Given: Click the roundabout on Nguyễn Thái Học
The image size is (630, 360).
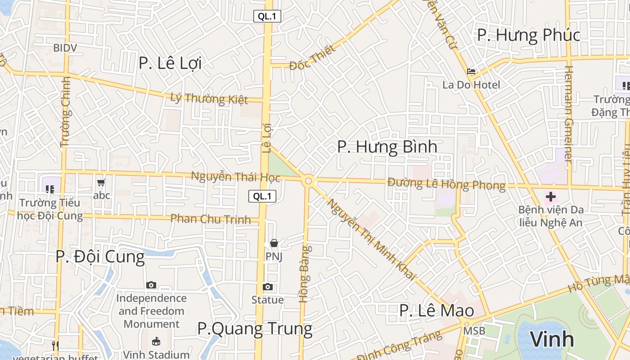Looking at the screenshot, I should [x=308, y=181].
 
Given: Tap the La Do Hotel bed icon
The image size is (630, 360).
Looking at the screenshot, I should [x=471, y=71].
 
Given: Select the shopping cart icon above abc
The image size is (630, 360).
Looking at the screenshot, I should [x=101, y=182].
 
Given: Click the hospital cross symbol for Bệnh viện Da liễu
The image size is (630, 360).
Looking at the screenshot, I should [x=550, y=196].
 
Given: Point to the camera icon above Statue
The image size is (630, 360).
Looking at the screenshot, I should [x=268, y=287].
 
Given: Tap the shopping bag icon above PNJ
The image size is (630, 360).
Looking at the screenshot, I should [x=274, y=243].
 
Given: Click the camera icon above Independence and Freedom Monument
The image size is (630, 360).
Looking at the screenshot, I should [x=151, y=285].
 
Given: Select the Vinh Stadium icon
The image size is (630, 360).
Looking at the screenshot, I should [x=156, y=341].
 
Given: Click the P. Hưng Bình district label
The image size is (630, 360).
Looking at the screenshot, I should [x=387, y=147].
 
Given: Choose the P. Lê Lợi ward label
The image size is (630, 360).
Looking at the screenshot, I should [x=170, y=63].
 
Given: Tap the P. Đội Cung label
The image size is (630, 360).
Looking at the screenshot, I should [x=100, y=256].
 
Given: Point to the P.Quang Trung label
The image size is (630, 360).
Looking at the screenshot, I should [x=255, y=328].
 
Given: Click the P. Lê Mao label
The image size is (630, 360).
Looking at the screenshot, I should [x=436, y=310].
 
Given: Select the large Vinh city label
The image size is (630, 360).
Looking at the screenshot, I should [x=552, y=339].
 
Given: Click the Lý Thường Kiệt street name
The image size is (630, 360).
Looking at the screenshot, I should [x=209, y=98].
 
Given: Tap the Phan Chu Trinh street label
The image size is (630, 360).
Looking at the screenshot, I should [x=210, y=219].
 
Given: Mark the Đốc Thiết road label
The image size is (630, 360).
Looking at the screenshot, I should [x=312, y=58].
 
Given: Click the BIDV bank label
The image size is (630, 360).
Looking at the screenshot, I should [x=65, y=48].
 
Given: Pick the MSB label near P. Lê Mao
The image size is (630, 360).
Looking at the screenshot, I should [x=475, y=331].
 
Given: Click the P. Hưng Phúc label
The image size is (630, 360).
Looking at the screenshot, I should [x=528, y=35].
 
